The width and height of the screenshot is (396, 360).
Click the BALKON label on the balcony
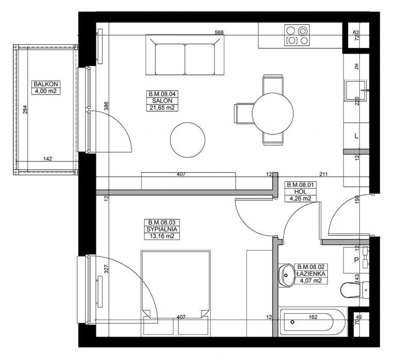[46, 84]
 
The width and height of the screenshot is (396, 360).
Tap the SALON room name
[162, 101]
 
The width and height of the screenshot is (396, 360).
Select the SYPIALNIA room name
[162, 229]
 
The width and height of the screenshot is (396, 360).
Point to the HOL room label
[300, 192]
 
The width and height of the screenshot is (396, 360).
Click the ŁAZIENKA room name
[311, 273]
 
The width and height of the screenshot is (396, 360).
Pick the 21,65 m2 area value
[162, 108]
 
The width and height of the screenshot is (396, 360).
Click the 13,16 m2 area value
[162, 236]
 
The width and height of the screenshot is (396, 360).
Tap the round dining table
[273, 113]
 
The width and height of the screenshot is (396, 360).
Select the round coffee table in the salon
[188, 140]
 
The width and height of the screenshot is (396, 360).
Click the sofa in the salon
[185, 55]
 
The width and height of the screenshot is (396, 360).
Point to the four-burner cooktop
[297, 35]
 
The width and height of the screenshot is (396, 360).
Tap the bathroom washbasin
[286, 275]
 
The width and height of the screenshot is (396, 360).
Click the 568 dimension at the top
[219, 32]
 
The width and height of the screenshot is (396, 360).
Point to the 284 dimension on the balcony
[25, 110]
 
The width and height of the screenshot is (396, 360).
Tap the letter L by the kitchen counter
[356, 136]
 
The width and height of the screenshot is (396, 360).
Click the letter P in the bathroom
[356, 260]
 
